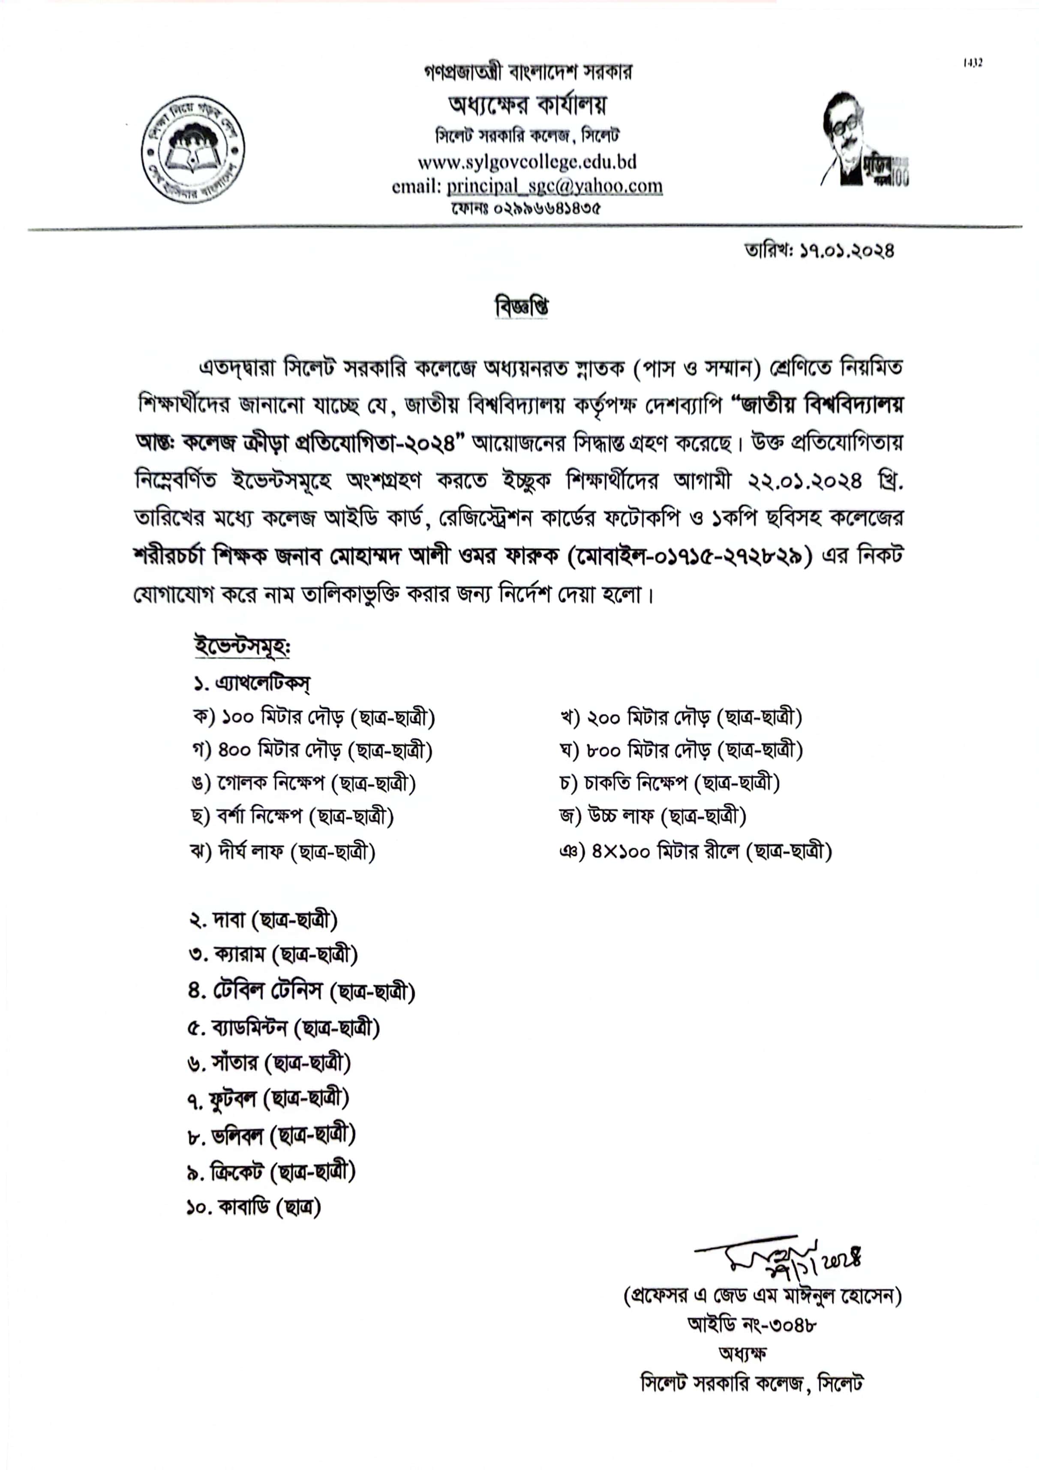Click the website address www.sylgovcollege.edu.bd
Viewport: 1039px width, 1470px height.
pyautogui.click(x=526, y=162)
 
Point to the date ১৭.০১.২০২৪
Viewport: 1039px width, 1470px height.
pyautogui.click(x=846, y=251)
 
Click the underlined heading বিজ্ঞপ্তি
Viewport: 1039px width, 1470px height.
pyautogui.click(x=521, y=307)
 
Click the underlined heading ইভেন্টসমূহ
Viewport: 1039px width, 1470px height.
pyautogui.click(x=243, y=646)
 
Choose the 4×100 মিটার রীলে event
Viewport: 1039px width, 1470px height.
pyautogui.click(x=695, y=852)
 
